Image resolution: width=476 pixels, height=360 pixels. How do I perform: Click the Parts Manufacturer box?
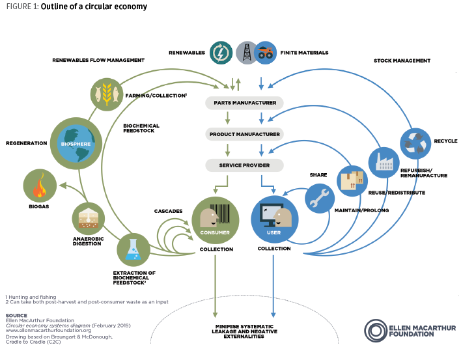[244, 103]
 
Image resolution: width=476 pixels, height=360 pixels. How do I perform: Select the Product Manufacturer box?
[244, 134]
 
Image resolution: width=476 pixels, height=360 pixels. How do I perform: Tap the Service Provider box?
[244, 165]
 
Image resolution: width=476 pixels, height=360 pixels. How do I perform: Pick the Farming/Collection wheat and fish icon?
[106, 93]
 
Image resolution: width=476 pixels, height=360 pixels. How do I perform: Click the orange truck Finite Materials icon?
[264, 52]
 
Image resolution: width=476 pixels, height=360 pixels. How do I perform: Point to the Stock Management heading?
[402, 61]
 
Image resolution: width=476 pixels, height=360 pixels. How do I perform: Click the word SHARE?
[318, 175]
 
